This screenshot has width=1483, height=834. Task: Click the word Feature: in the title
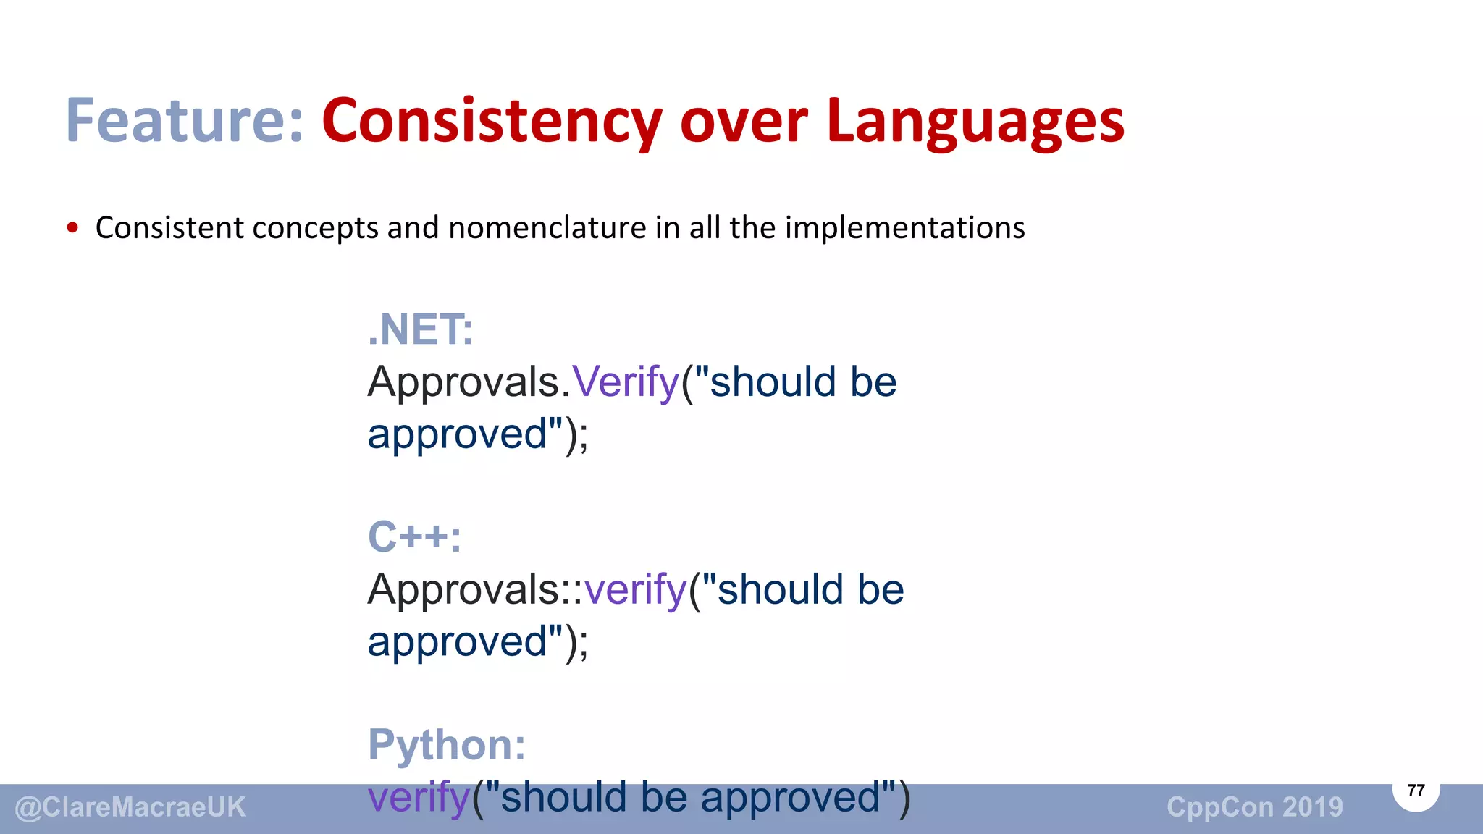click(185, 121)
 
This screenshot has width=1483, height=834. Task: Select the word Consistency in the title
click(492, 121)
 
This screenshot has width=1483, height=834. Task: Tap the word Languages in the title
click(975, 121)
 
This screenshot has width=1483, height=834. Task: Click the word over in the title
click(743, 121)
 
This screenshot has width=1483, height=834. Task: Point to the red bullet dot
click(72, 228)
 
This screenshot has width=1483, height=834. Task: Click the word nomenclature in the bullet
click(547, 227)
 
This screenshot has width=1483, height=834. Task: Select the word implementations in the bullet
click(904, 227)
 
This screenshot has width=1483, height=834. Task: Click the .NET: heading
click(420, 330)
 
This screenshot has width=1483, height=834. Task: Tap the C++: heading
click(414, 537)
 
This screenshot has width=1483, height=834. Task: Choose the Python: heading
click(447, 744)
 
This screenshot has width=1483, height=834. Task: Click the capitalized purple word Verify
click(626, 382)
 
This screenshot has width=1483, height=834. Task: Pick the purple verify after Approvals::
click(635, 589)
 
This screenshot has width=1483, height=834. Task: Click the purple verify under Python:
click(419, 797)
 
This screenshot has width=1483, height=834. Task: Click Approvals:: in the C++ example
click(474, 589)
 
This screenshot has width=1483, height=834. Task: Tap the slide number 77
click(1416, 790)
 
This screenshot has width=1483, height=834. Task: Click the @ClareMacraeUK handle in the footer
click(130, 807)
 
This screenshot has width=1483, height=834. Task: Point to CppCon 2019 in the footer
click(1254, 807)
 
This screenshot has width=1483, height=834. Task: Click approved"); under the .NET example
click(478, 434)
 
